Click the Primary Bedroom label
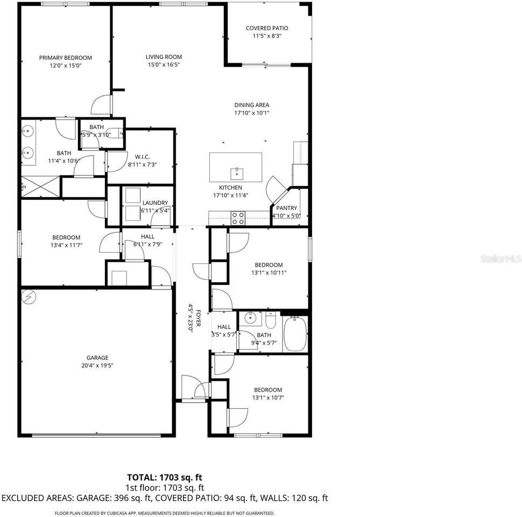point(65,58)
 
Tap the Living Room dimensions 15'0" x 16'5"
point(164,65)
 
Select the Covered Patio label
point(267,28)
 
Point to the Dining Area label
point(251,105)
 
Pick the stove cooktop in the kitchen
point(238,218)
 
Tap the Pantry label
point(286,208)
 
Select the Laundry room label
point(155,203)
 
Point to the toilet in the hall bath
point(271,322)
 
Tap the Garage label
point(97,358)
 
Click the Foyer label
point(198,318)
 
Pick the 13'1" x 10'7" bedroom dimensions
point(268,398)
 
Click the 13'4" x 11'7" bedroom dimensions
point(66,246)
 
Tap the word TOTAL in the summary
point(142,477)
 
